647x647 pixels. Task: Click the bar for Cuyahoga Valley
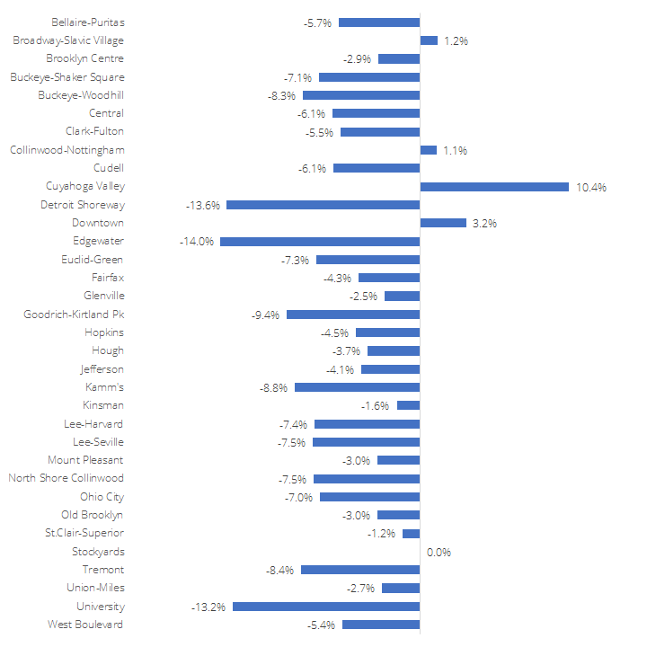click(494, 187)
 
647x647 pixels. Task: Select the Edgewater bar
click(320, 242)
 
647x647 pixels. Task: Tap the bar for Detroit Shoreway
click(323, 205)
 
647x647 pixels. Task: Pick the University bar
click(326, 607)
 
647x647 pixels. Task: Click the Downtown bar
click(443, 223)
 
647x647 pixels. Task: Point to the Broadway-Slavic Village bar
click(429, 40)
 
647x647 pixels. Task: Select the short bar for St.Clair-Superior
click(411, 534)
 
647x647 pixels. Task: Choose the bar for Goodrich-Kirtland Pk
click(353, 315)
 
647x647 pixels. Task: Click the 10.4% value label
click(592, 187)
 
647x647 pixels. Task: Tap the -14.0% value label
click(197, 242)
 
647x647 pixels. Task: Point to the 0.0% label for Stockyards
click(439, 552)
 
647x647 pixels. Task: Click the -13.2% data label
click(209, 607)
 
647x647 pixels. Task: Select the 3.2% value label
click(486, 223)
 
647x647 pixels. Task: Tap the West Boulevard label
click(85, 625)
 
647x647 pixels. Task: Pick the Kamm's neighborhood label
click(104, 387)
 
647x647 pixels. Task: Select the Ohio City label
click(102, 497)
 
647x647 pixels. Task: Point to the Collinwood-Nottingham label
click(67, 150)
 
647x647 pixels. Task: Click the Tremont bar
click(360, 570)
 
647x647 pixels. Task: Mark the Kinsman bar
click(408, 405)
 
